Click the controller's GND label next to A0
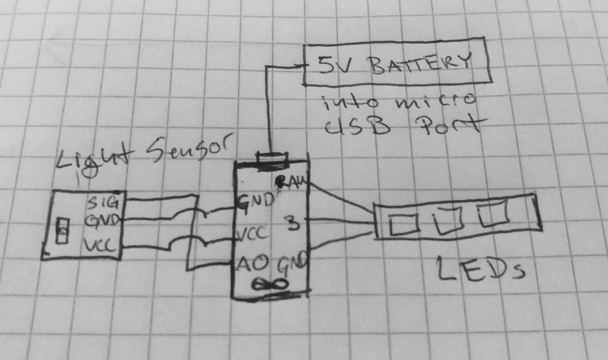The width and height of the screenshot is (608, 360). click(293, 266)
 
